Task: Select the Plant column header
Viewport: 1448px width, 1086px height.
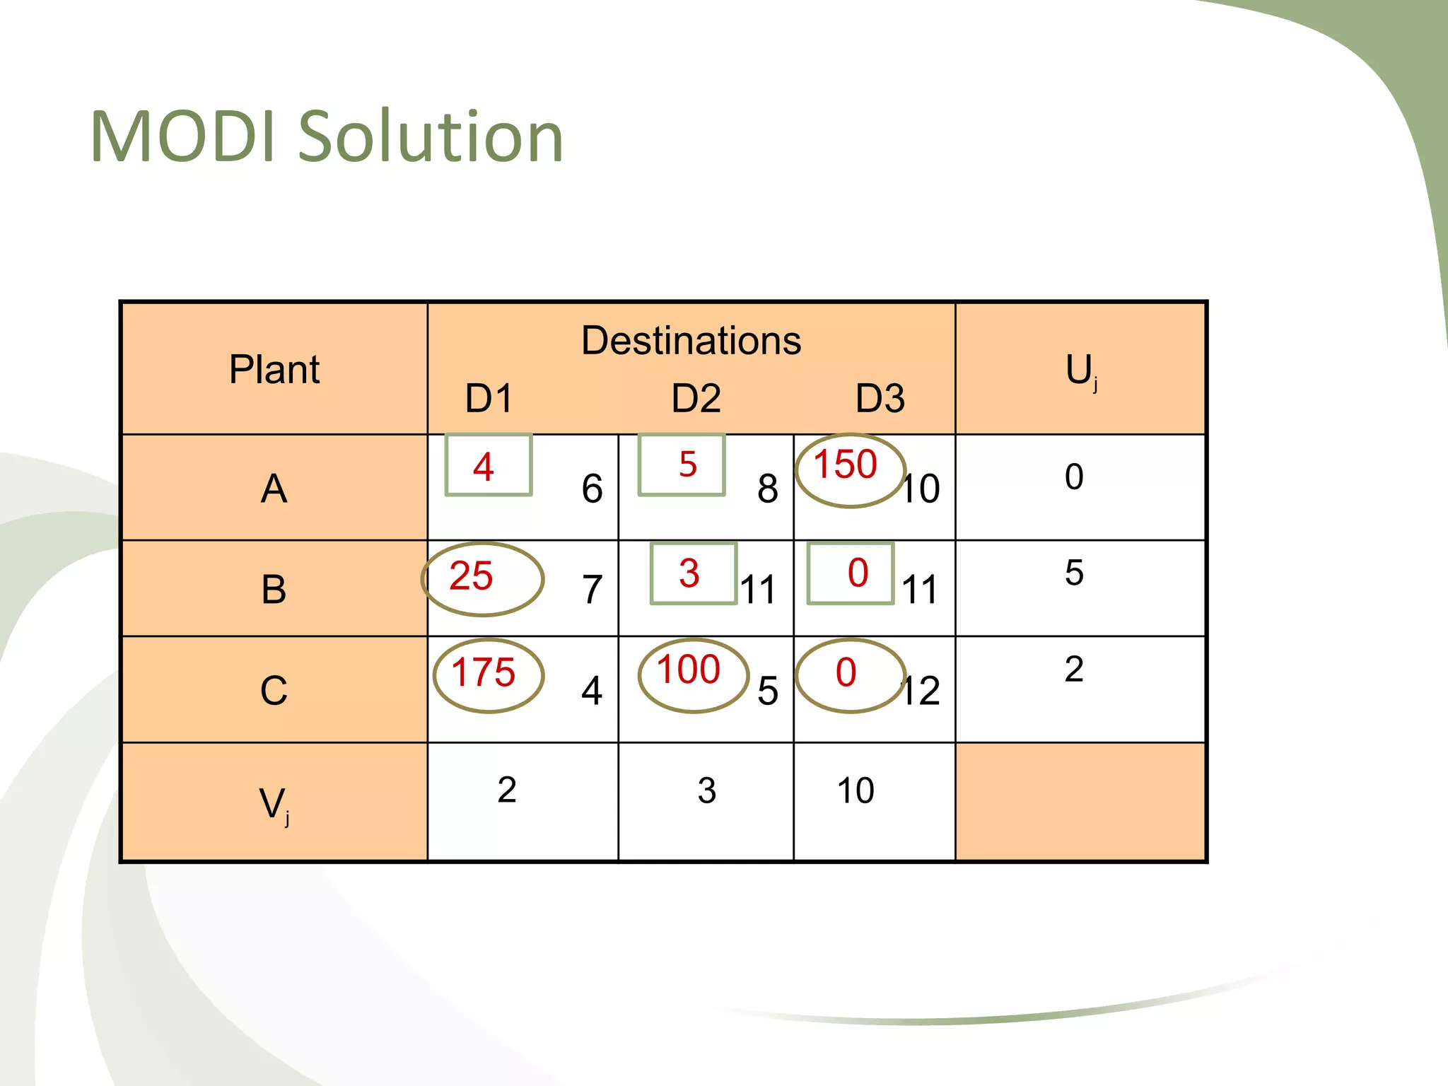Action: click(274, 369)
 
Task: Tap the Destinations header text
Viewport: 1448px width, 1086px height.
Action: click(691, 341)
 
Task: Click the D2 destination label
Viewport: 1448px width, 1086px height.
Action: click(696, 398)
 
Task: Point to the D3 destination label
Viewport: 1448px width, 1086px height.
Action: click(880, 398)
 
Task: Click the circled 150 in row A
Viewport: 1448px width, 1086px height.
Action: click(846, 465)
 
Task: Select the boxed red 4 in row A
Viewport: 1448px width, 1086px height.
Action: click(484, 467)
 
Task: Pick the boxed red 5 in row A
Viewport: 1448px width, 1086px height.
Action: click(687, 465)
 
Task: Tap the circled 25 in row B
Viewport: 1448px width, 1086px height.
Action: click(471, 576)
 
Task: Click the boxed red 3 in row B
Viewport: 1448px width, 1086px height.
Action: click(689, 573)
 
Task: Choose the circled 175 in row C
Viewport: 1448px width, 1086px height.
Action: click(484, 672)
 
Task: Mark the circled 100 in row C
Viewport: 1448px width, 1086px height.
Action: click(689, 670)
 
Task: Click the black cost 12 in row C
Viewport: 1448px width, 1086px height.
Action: click(921, 691)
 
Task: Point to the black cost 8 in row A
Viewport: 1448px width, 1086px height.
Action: click(768, 489)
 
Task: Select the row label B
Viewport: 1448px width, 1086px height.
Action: click(274, 589)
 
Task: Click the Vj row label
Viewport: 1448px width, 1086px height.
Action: click(274, 805)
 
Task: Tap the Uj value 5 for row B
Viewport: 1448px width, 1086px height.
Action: click(1074, 573)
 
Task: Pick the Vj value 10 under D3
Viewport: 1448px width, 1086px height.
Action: click(856, 790)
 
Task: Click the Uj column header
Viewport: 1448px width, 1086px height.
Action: click(1080, 370)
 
